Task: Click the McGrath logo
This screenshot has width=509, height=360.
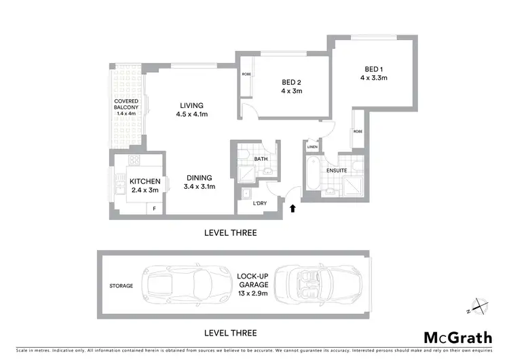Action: click(x=453, y=337)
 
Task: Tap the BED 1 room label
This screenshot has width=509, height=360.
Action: click(x=373, y=69)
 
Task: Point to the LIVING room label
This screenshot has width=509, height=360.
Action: click(x=192, y=105)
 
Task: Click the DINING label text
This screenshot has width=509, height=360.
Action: click(x=200, y=177)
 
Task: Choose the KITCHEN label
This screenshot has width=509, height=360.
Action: click(x=145, y=181)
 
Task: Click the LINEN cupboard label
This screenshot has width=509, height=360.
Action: click(x=312, y=147)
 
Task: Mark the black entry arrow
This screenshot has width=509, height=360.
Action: click(x=293, y=209)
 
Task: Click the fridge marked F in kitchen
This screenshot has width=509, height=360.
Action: click(x=154, y=209)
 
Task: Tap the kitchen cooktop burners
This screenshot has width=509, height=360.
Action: click(x=134, y=162)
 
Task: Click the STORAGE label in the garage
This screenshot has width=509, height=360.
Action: click(x=121, y=286)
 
